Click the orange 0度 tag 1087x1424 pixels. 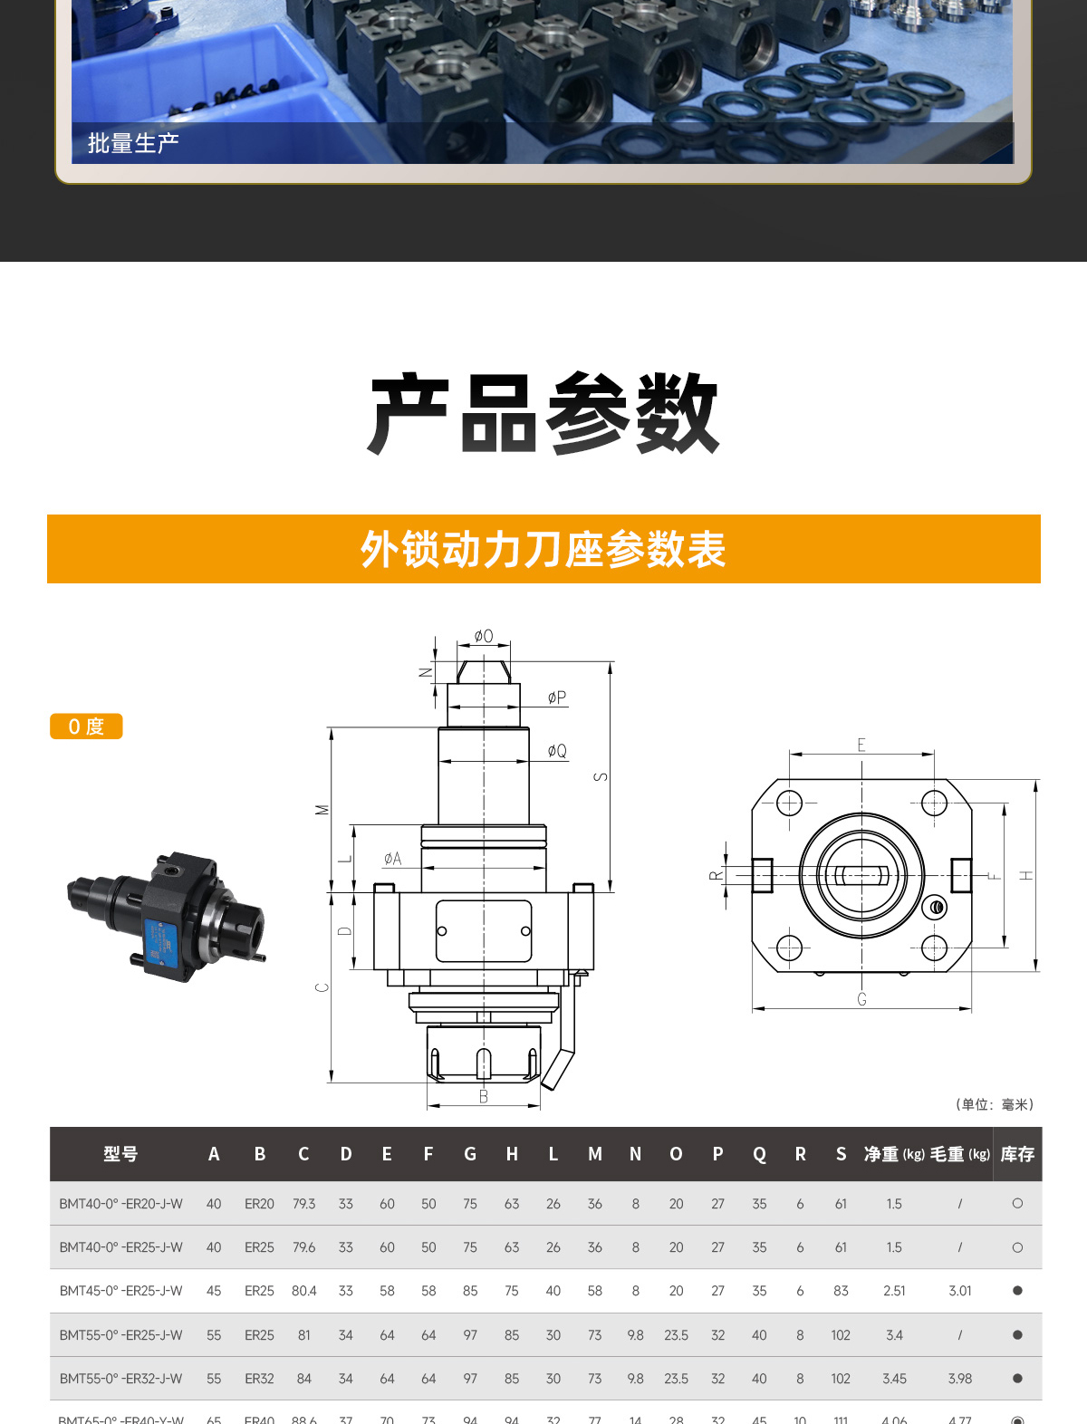click(86, 726)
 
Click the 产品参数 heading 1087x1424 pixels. click(543, 413)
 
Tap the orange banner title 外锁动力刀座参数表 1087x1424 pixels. click(543, 549)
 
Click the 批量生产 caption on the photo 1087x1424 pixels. click(133, 143)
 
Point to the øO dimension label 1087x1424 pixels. click(484, 636)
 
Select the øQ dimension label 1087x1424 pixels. click(557, 751)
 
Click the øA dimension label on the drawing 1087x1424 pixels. click(392, 858)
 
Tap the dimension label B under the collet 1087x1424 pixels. click(484, 1097)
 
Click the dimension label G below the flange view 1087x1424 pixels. click(861, 999)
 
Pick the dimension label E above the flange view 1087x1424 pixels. click(861, 745)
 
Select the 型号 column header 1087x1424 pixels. click(120, 1154)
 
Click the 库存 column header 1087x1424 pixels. click(1017, 1154)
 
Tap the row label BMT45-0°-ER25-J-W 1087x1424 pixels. click(120, 1291)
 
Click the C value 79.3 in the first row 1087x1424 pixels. click(303, 1204)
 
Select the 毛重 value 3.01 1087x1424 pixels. click(959, 1291)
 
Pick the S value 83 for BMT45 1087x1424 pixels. click(841, 1291)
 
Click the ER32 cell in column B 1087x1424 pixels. click(259, 1379)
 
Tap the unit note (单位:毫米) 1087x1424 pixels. click(995, 1104)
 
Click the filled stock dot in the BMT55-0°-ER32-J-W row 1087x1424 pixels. click(1017, 1379)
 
